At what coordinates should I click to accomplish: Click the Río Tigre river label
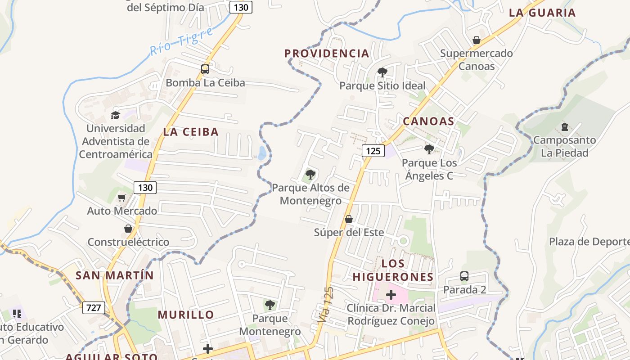click(181, 42)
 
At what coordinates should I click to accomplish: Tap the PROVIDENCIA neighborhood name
click(327, 54)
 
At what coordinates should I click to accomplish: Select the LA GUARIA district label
click(542, 13)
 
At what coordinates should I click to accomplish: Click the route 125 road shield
click(373, 151)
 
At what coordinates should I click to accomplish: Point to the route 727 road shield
click(94, 308)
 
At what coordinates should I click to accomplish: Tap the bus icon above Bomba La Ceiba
click(205, 69)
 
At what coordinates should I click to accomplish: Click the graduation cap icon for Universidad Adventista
click(116, 115)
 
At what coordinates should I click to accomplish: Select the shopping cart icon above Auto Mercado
click(122, 198)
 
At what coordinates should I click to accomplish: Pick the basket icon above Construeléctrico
click(128, 229)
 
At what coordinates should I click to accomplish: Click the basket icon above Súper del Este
click(348, 219)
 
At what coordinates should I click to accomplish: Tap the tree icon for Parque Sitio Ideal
click(382, 72)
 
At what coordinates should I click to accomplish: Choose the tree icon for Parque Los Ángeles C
click(429, 149)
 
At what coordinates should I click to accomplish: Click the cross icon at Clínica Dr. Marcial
click(391, 295)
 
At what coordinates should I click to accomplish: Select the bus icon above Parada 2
click(464, 276)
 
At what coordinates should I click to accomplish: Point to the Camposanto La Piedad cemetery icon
click(564, 127)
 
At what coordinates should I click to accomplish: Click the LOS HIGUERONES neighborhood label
click(393, 270)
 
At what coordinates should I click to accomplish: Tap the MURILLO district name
click(186, 315)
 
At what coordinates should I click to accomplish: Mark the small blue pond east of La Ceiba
click(262, 153)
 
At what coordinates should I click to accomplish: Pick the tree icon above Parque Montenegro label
click(270, 305)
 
